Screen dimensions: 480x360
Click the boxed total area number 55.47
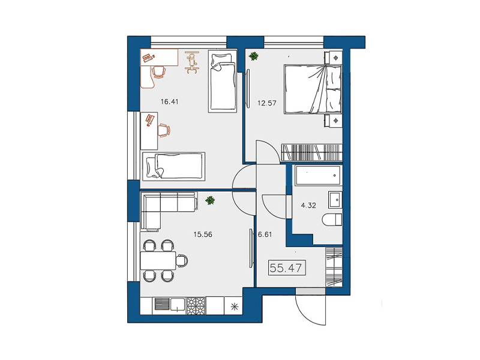286,268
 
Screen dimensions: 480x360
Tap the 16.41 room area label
170,101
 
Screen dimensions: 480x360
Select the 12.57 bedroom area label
267,103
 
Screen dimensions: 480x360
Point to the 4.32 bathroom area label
308,205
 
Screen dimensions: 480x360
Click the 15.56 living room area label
203,235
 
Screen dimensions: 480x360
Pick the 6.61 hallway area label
265,235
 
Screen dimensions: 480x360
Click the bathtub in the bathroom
318,175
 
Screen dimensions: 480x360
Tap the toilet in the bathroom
332,220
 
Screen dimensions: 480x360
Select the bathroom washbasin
335,200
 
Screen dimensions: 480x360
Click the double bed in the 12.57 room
313,89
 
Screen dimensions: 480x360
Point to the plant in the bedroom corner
253,56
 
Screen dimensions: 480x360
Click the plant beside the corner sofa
210,200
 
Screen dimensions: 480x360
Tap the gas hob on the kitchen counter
196,305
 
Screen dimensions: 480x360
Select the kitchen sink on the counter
178,304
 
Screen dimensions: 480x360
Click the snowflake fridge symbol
235,307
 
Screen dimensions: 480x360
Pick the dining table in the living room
158,260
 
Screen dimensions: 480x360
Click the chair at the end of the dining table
182,260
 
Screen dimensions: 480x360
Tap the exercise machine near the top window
191,62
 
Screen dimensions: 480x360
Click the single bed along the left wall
173,166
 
